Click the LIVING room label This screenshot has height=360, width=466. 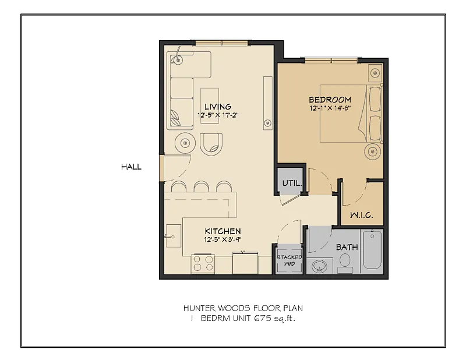coord(218,107)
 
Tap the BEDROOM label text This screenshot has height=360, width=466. coord(330,100)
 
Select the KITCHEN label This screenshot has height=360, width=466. coord(222,231)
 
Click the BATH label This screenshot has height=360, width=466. coord(347,247)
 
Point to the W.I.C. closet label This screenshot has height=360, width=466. coord(361,215)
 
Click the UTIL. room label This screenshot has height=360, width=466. coord(291,183)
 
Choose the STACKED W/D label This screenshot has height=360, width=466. coord(289,260)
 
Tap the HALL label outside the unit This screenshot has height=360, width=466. coord(131,167)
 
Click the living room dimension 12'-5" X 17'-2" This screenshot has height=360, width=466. coord(218,115)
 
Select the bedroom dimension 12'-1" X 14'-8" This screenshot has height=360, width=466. coord(330,108)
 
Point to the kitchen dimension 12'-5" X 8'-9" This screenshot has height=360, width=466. coord(222,239)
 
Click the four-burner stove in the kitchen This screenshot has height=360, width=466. coord(203,263)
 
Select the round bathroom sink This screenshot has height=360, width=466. coord(319,267)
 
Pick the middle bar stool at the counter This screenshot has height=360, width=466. coord(202,186)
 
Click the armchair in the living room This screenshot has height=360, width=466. coord(211,143)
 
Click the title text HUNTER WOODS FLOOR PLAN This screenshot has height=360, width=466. coord(243,308)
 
